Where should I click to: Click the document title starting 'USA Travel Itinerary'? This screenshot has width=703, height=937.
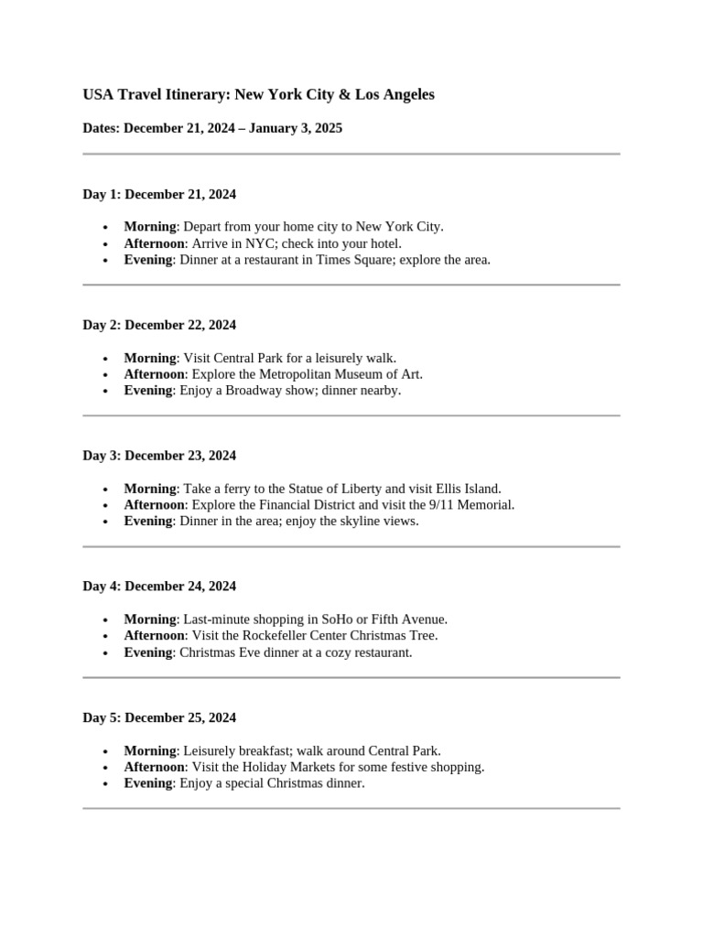258,94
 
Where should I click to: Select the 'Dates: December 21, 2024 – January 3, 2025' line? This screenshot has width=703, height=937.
212,128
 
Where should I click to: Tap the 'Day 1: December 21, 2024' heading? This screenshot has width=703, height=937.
159,194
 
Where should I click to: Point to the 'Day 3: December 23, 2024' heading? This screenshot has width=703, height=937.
159,456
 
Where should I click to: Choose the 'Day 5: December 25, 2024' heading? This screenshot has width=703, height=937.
159,717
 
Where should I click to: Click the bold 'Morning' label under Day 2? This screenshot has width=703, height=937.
150,358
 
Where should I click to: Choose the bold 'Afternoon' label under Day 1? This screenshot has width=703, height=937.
155,243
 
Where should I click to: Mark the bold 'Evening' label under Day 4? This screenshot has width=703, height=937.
148,652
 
